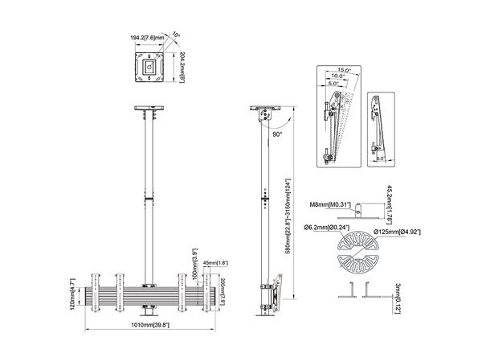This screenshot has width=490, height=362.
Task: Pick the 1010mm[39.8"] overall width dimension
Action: coord(150,326)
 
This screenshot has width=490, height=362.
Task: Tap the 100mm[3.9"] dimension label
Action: coord(192,264)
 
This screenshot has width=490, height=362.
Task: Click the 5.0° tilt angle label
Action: coord(333,83)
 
